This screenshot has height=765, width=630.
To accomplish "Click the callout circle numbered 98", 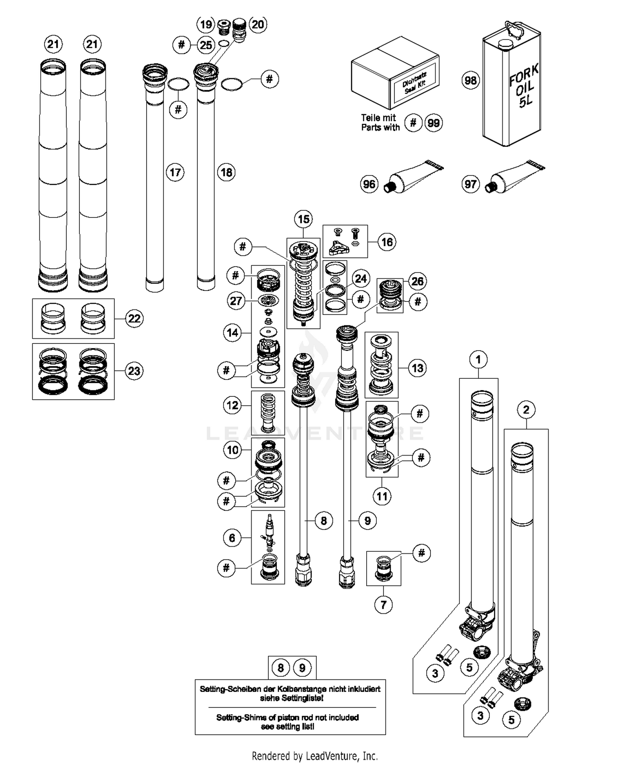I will (x=470, y=80).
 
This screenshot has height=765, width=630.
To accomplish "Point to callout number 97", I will (x=470, y=184).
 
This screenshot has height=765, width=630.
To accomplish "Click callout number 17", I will (x=175, y=172).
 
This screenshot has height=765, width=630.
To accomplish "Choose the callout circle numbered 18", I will (x=226, y=172).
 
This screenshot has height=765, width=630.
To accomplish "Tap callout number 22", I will (x=134, y=318).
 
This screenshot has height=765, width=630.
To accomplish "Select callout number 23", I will (x=134, y=371).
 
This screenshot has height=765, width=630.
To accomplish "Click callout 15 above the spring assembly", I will (x=304, y=219).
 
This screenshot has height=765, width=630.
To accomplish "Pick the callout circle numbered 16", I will (x=387, y=242).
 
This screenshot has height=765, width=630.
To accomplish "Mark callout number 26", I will (x=417, y=281).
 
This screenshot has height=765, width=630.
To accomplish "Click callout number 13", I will (x=417, y=368).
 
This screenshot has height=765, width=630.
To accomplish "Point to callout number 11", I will (x=382, y=496).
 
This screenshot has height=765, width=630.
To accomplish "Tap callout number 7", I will (x=383, y=605).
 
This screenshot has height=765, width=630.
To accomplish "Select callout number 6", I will (x=232, y=538).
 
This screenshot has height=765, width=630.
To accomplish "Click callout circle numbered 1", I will (x=478, y=359).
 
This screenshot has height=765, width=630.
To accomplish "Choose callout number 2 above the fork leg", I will (x=526, y=409).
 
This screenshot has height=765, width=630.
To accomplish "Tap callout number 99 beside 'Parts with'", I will (x=433, y=123).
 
